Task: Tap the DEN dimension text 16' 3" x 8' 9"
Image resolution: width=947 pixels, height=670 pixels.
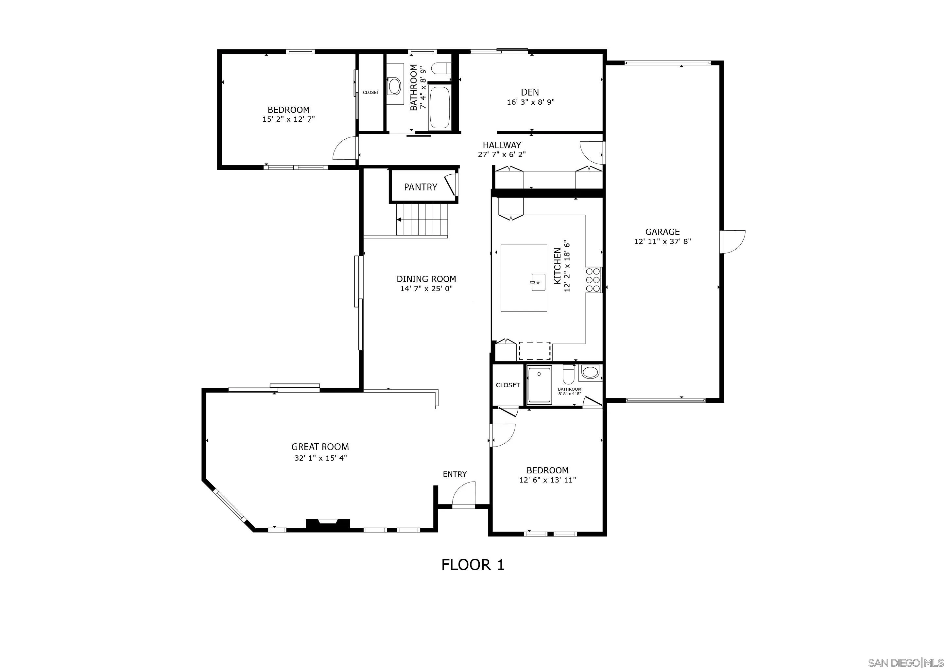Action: [530, 102]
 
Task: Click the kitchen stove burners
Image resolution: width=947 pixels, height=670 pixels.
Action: [593, 280]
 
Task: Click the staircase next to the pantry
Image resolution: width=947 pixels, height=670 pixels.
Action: [422, 220]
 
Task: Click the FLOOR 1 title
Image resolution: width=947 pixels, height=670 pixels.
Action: [473, 565]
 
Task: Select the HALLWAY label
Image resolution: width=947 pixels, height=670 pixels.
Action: [502, 145]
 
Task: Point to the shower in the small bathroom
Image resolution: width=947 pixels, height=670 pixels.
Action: [539, 384]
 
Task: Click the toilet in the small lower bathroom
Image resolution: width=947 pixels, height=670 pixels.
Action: [568, 375]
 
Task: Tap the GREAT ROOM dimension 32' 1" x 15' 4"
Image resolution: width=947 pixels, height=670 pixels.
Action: [320, 458]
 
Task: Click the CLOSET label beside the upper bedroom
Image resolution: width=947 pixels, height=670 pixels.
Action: [370, 92]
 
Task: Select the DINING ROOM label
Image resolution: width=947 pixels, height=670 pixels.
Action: [426, 279]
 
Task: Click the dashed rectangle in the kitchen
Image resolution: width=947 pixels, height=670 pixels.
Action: [535, 351]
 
